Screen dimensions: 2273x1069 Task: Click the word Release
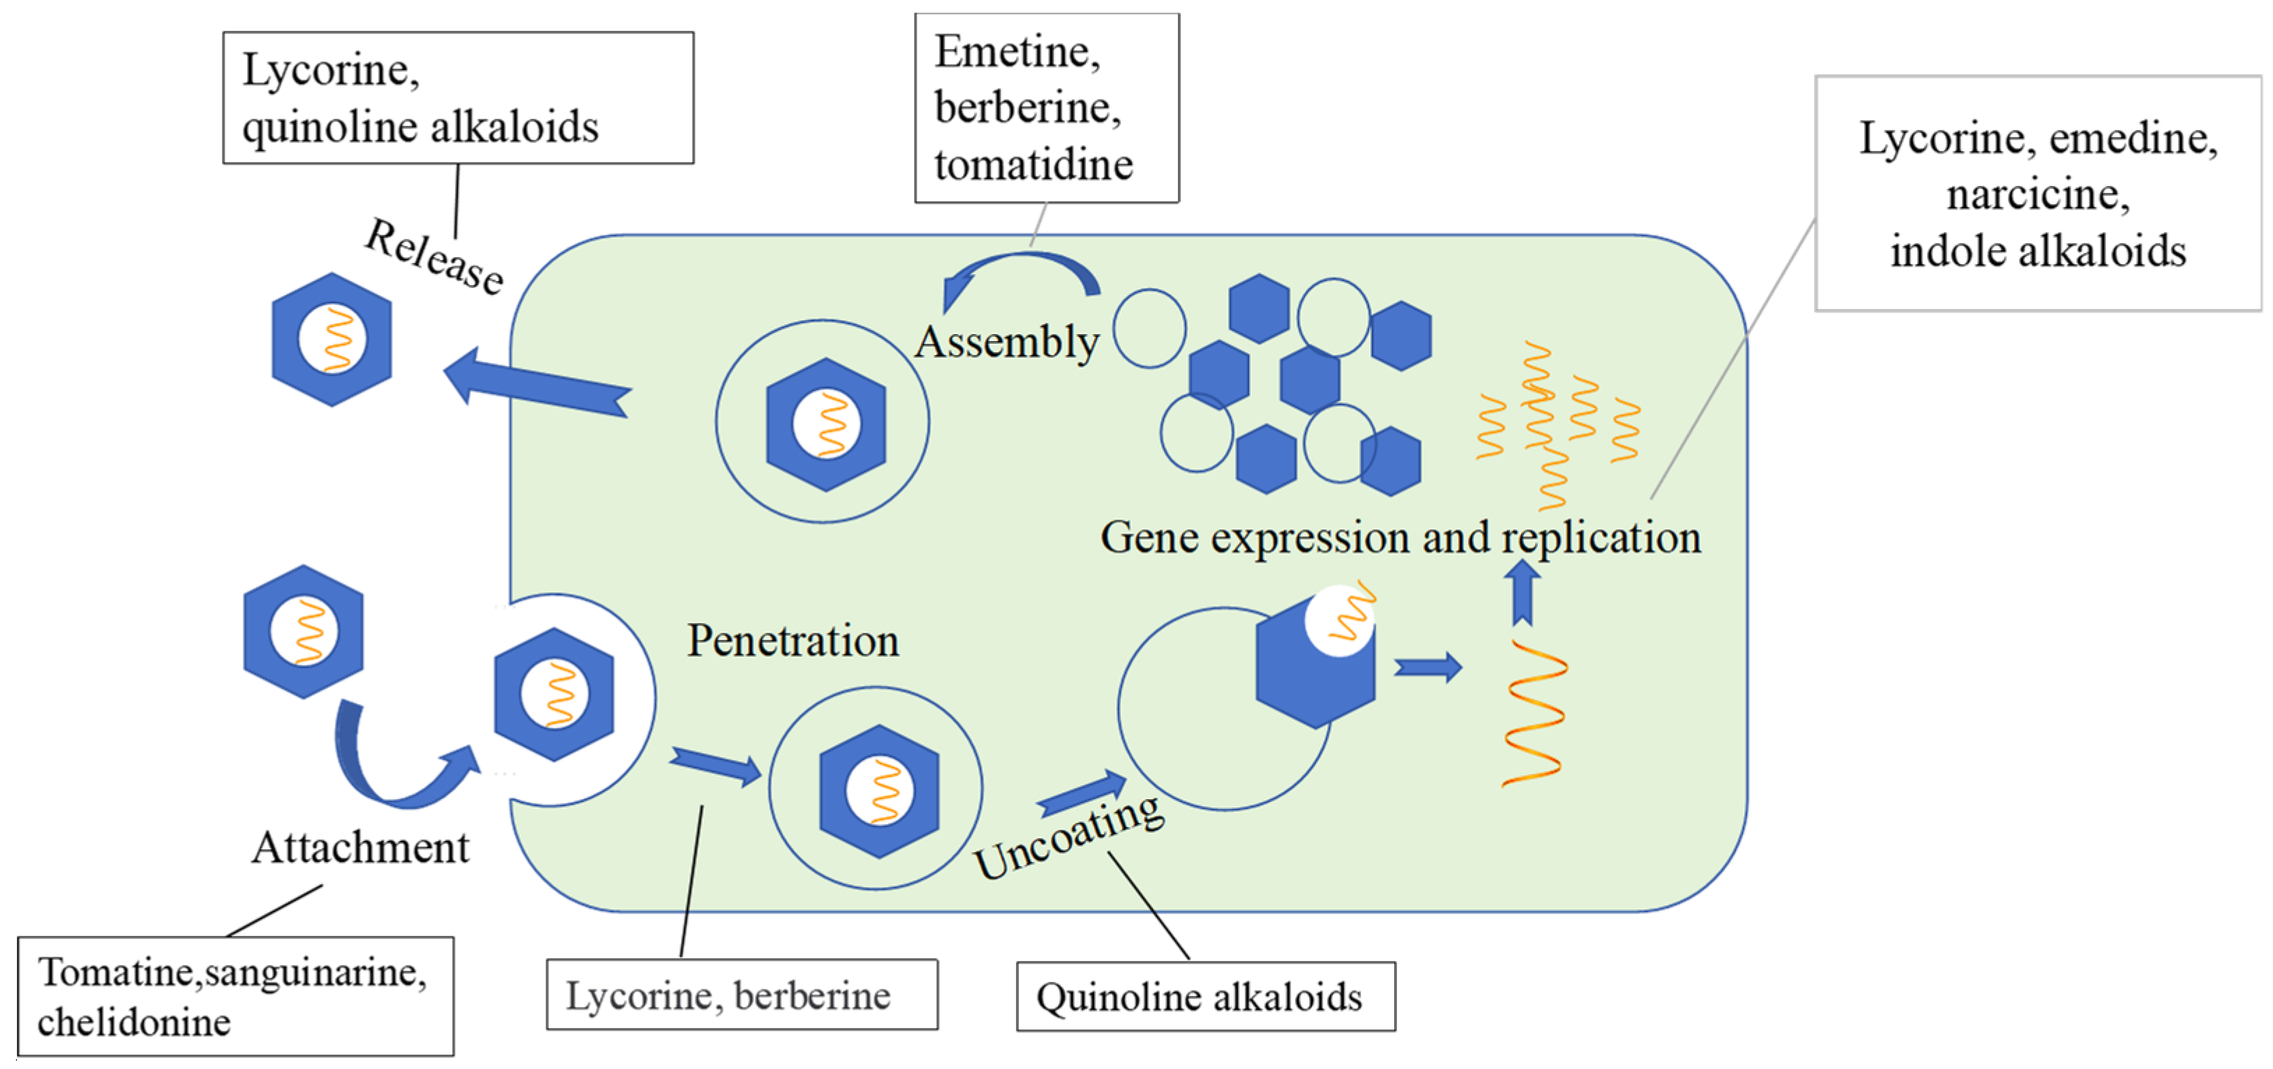pyautogui.click(x=434, y=256)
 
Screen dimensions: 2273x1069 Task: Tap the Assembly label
pyautogui.click(x=1007, y=342)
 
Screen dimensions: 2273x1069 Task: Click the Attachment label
pyautogui.click(x=360, y=848)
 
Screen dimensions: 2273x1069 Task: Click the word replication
pyautogui.click(x=1601, y=537)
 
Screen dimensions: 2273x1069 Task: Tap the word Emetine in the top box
pyautogui.click(x=1018, y=51)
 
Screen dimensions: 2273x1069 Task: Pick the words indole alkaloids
pyautogui.click(x=2038, y=251)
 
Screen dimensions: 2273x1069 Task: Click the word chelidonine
pyautogui.click(x=134, y=1022)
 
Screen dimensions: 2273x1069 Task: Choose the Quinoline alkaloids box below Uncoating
pyautogui.click(x=1206, y=996)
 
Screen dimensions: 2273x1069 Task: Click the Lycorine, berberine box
pyautogui.click(x=742, y=995)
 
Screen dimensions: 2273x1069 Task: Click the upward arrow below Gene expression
pyautogui.click(x=1522, y=593)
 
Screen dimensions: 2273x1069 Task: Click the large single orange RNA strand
pyautogui.click(x=1534, y=713)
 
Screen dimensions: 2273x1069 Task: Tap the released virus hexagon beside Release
pyautogui.click(x=332, y=340)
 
